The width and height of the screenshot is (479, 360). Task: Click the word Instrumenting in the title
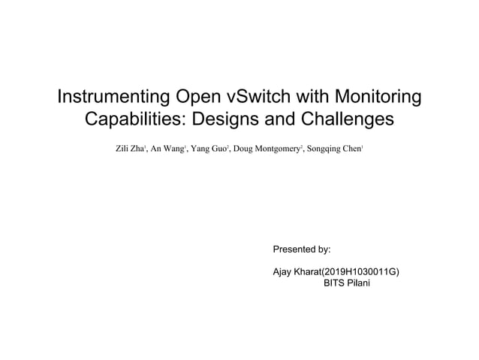click(115, 98)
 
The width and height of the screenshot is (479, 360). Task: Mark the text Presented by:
click(300, 248)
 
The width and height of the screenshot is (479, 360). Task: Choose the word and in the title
click(278, 120)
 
